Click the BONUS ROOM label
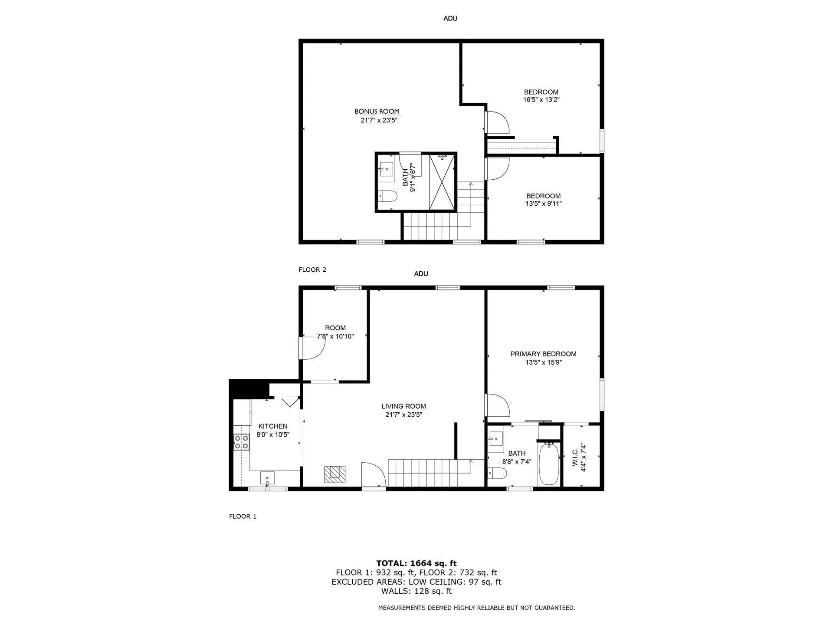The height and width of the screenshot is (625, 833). point(377,112)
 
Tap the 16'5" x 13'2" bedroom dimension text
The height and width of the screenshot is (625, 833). point(541,100)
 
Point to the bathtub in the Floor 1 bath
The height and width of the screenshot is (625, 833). point(549,464)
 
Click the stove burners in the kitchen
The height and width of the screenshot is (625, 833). point(241,442)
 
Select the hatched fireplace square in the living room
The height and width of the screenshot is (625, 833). point(335,474)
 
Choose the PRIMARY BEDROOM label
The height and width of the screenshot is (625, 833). point(543,354)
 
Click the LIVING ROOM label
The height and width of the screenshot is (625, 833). point(403,406)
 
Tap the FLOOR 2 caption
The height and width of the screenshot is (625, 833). point(312,270)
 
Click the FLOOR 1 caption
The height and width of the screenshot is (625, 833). point(243,516)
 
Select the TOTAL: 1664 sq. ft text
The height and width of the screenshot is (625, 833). point(416,563)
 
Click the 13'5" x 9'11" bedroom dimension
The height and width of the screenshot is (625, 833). point(544,204)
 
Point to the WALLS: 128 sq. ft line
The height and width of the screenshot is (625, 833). point(416,591)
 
